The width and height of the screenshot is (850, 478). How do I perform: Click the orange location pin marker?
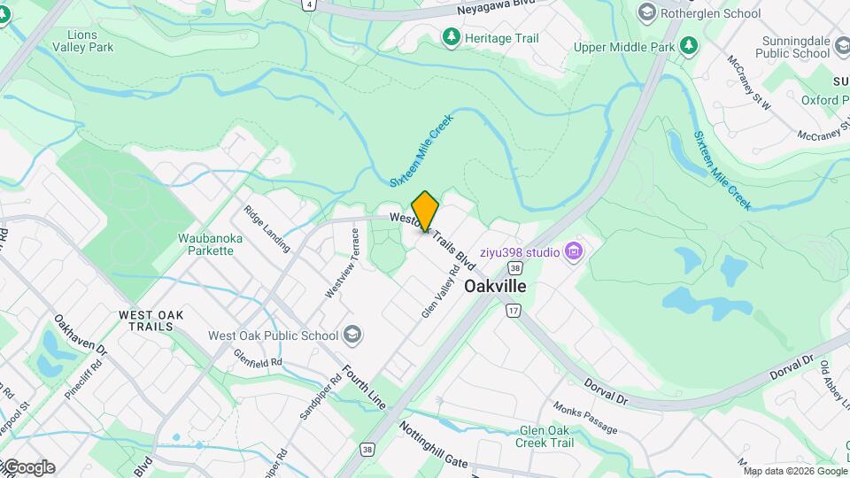(x=425, y=211)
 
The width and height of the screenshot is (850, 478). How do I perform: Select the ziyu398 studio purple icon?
(x=575, y=252)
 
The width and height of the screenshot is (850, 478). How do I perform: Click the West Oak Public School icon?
(x=352, y=335)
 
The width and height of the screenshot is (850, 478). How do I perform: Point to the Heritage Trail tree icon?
(x=452, y=37)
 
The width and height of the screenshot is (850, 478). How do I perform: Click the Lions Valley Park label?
(x=83, y=41)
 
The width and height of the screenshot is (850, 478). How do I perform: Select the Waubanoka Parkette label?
(x=205, y=244)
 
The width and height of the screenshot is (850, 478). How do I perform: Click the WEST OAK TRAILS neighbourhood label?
(x=152, y=320)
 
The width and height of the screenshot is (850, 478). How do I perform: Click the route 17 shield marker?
(x=513, y=311)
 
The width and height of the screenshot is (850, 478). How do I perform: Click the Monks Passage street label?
(x=585, y=418)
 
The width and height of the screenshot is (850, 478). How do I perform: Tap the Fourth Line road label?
(x=364, y=387)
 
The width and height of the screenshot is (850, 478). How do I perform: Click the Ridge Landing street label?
(x=267, y=229)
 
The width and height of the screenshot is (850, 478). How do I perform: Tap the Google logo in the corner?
(x=28, y=467)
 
